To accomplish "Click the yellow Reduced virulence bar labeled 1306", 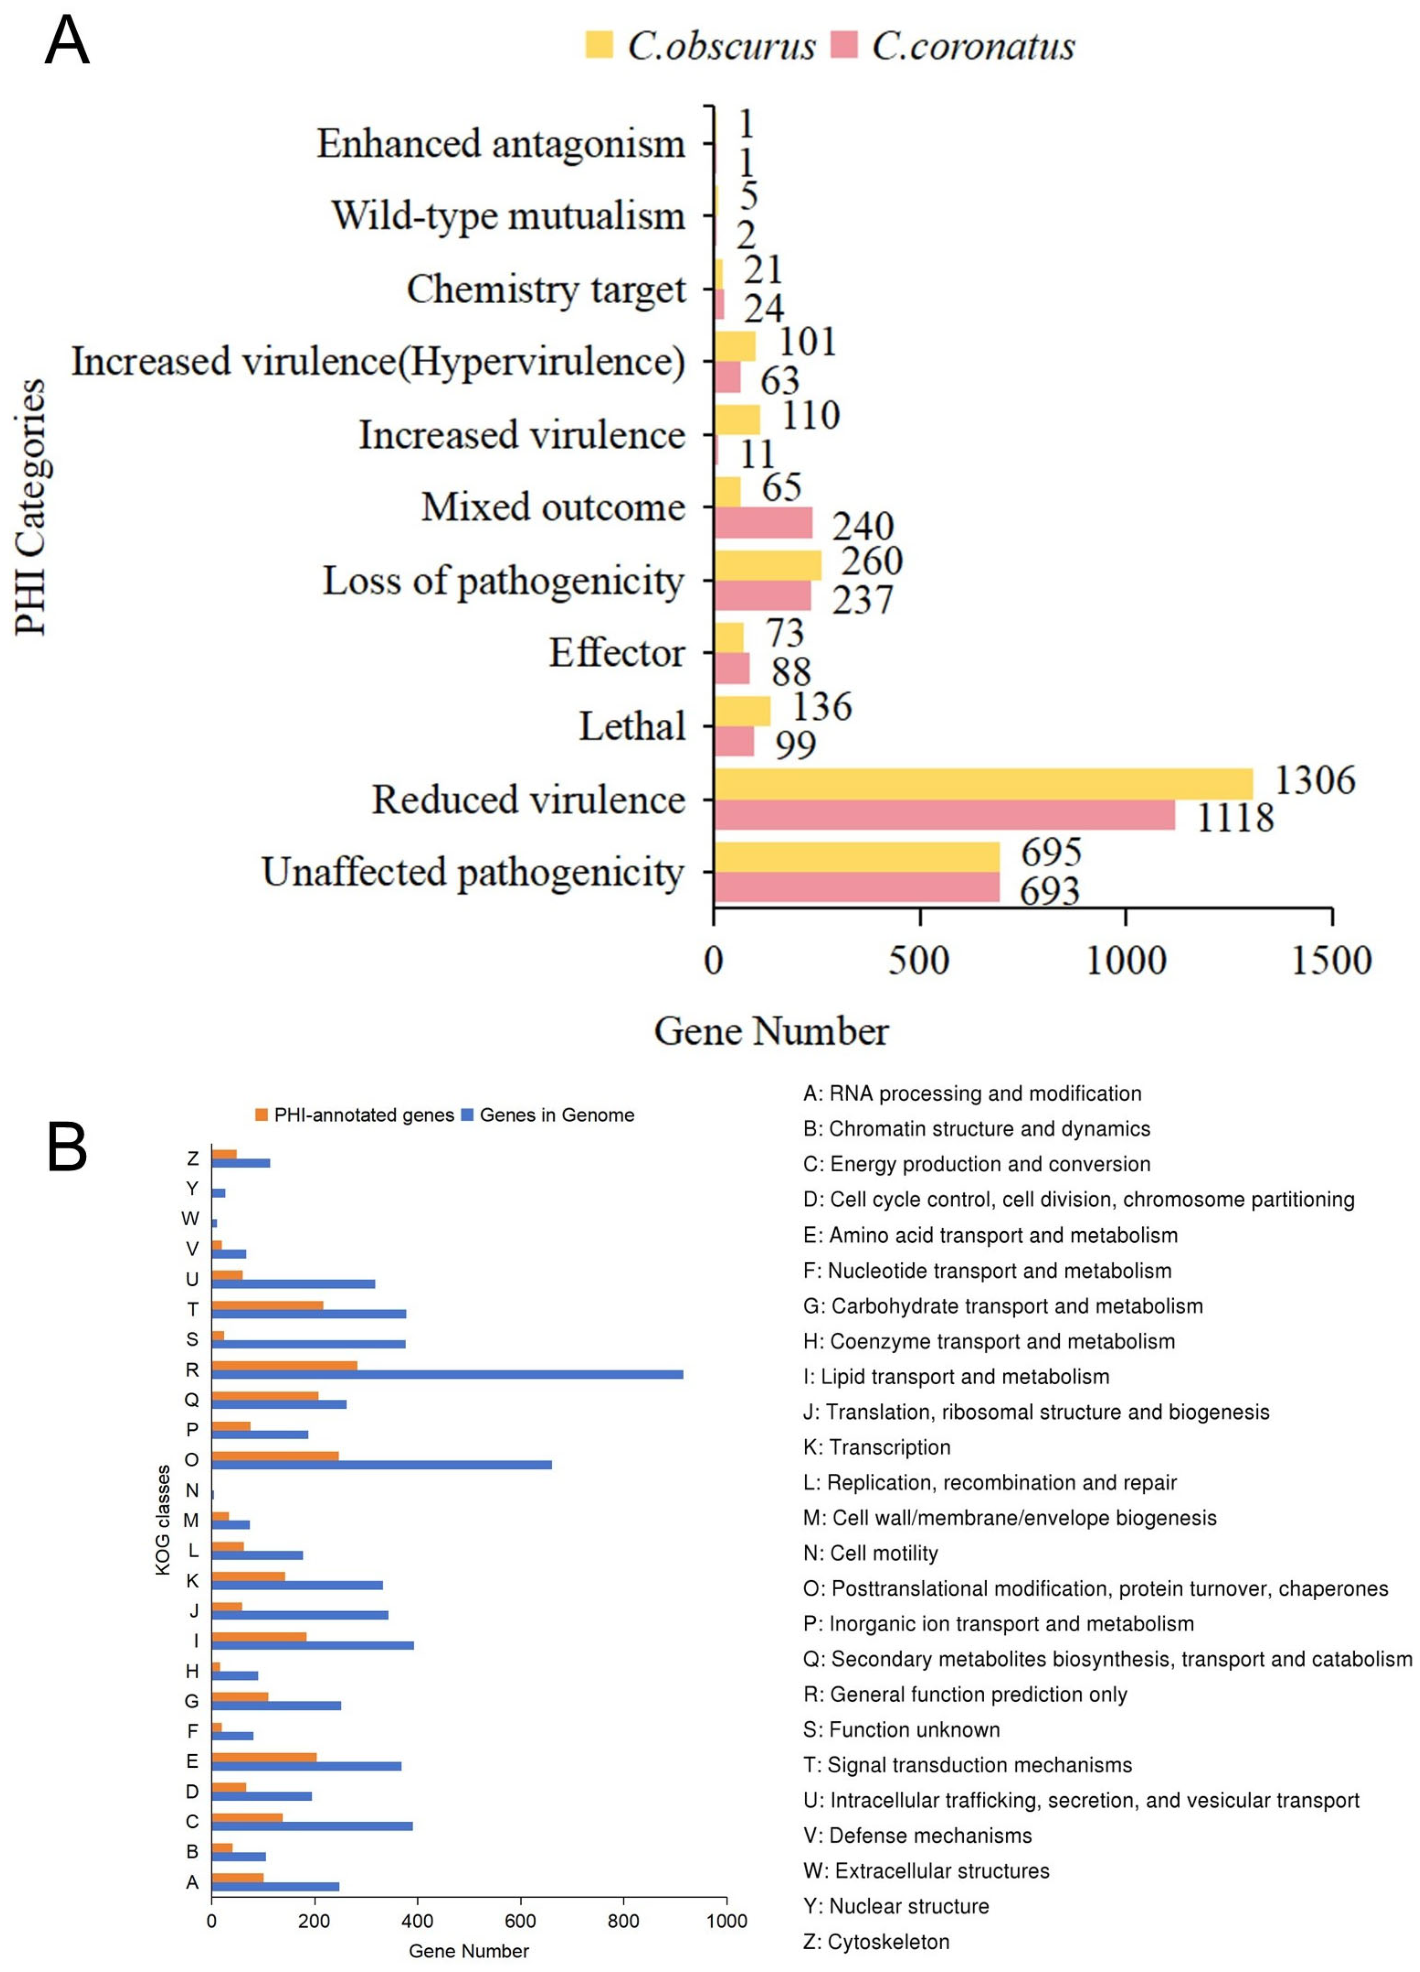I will pyautogui.click(x=982, y=783).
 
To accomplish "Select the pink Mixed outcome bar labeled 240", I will pyautogui.click(x=763, y=522).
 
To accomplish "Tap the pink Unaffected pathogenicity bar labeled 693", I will pyautogui.click(x=856, y=887).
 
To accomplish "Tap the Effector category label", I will pyautogui.click(x=617, y=653).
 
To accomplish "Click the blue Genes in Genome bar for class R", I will pyautogui.click(x=447, y=1375).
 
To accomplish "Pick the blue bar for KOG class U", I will pyautogui.click(x=293, y=1283).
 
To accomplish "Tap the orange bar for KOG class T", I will pyautogui.click(x=267, y=1305).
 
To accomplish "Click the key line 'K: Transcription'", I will pyautogui.click(x=876, y=1447).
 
